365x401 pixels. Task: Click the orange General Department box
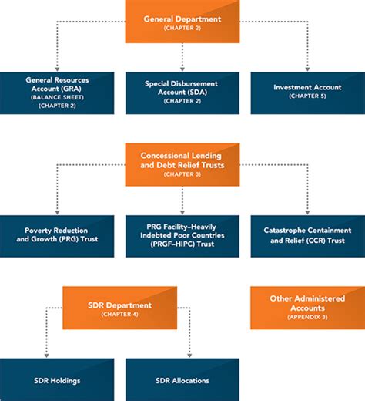[x=182, y=22]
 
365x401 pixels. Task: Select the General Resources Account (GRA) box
[x=57, y=93]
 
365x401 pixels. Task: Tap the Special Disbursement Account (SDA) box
[x=182, y=93]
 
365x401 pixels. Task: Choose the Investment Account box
[x=308, y=93]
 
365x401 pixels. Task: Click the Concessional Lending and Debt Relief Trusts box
[x=182, y=165]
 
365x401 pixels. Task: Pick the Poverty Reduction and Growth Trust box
[x=57, y=236]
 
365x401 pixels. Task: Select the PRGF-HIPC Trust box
[x=182, y=236]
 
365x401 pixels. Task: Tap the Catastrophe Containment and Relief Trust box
[x=308, y=236]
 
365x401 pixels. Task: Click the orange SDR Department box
[x=120, y=308]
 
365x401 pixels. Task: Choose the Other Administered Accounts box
[x=308, y=308]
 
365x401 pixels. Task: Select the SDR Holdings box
[x=57, y=379]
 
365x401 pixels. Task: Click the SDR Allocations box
[x=182, y=379]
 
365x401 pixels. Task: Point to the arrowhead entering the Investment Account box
[x=307, y=69]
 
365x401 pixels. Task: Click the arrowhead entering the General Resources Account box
[x=57, y=69]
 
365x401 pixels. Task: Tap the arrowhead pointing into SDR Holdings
[x=46, y=356]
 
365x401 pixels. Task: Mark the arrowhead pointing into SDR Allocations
[x=189, y=356]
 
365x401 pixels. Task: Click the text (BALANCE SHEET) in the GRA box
[x=57, y=97]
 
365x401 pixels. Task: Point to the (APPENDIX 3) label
[x=307, y=317]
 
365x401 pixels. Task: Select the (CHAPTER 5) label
[x=307, y=96]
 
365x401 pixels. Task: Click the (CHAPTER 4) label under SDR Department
[x=119, y=315]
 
